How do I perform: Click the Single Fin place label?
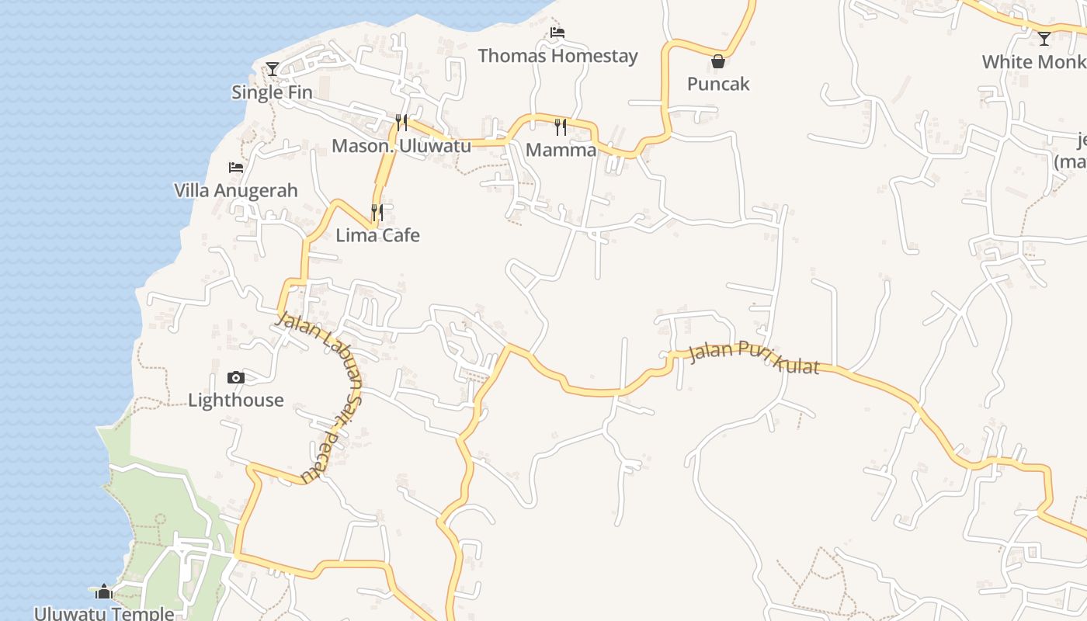point(272,92)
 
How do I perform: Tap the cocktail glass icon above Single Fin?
point(273,69)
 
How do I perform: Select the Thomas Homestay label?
point(557,56)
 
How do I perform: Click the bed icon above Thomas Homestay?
point(557,33)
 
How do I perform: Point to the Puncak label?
point(718,84)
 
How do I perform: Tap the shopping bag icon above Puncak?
point(718,61)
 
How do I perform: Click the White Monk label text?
point(1033,62)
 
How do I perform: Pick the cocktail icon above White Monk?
point(1044,38)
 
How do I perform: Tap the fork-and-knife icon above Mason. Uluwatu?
point(401,122)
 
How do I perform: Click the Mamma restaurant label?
point(561,150)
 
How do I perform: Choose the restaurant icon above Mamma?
point(561,127)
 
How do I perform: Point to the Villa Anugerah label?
point(235,190)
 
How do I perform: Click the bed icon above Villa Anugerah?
point(236,167)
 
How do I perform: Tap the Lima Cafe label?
point(377,235)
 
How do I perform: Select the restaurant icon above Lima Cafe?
point(377,212)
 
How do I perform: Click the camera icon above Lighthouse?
point(236,378)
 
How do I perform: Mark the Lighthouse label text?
point(236,401)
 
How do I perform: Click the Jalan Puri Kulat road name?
point(754,358)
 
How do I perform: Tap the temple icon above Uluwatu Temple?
point(105,592)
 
